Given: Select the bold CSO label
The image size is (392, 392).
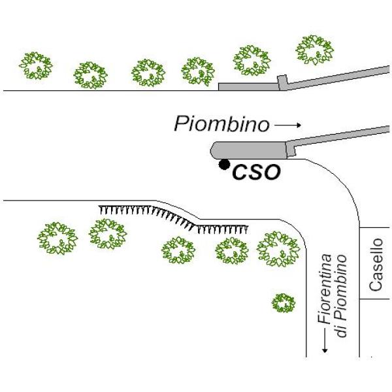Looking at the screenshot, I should click(x=257, y=172).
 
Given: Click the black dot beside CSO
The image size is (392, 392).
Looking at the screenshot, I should click(x=224, y=164).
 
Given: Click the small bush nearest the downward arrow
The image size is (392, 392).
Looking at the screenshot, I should click(x=283, y=302).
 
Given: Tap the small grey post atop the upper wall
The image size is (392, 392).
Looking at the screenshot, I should click(x=282, y=81).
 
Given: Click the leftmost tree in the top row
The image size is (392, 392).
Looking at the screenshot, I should click(x=35, y=65).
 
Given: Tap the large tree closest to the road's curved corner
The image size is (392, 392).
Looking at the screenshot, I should click(x=278, y=249).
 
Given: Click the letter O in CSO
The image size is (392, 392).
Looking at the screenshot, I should click(x=271, y=172).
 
